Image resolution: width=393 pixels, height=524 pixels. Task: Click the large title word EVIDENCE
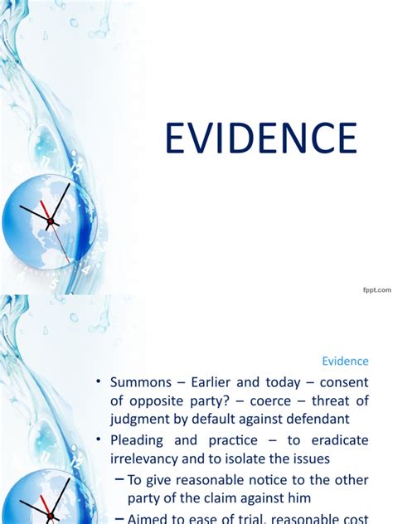pyautogui.click(x=260, y=138)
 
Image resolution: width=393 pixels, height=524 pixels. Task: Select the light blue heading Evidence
pyautogui.click(x=344, y=361)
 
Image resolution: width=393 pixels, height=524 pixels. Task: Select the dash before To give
pyautogui.click(x=118, y=479)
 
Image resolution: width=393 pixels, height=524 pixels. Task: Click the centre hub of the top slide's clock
pyautogui.click(x=51, y=221)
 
